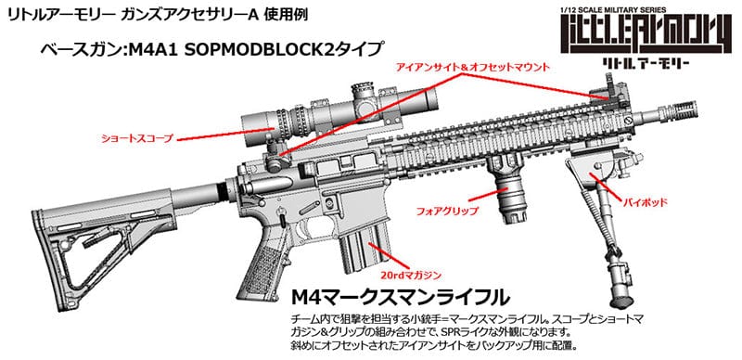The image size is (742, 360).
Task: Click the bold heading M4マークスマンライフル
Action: [x=399, y=299]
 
